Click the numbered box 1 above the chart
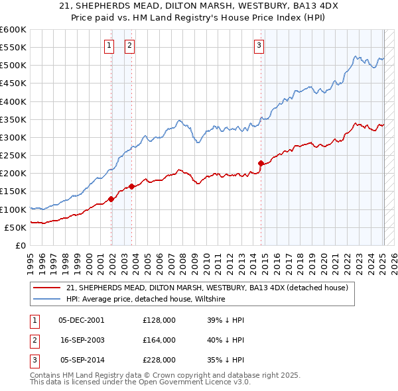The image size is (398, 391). [x=108, y=46]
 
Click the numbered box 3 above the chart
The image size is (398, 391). [x=259, y=46]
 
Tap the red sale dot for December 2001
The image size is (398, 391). [x=111, y=199]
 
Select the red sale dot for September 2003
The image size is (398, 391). [x=132, y=186]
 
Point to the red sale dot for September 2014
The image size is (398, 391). [x=261, y=163]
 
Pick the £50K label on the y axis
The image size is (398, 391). [x=16, y=227]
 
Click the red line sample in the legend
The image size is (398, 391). [x=47, y=288]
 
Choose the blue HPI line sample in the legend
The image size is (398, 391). [x=47, y=300]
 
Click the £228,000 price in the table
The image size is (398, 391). [x=159, y=361]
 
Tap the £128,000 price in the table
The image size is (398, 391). [x=159, y=319]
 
